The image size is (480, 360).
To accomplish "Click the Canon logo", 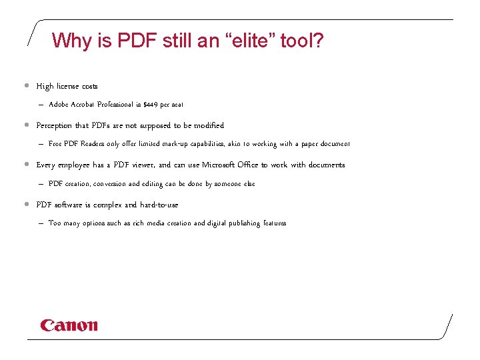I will (x=69, y=325).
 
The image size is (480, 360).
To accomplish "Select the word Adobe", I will (x=58, y=105).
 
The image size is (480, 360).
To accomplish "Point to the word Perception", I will (x=55, y=125).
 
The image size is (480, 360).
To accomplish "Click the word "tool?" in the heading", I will (x=301, y=41).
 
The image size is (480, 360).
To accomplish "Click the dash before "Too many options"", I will (x=41, y=223).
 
